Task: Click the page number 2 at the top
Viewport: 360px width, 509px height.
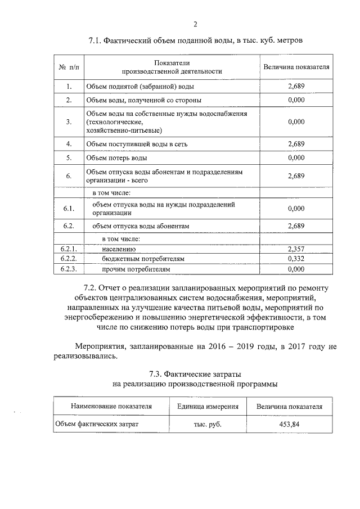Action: pos(195,24)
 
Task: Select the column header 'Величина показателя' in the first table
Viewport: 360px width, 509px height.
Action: pos(296,67)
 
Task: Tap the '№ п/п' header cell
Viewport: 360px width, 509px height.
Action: pos(69,67)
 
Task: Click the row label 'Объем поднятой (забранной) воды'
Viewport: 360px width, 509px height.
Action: pos(140,87)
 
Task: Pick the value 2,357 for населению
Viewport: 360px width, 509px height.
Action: pos(296,248)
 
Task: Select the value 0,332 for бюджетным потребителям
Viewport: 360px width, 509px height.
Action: pos(296,259)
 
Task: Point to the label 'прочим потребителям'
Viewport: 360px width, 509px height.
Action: pos(136,269)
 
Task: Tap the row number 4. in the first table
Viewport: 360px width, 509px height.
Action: pos(69,143)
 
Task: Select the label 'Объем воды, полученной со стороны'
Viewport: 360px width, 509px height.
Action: pos(143,100)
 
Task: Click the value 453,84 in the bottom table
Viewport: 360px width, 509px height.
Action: pos(289,424)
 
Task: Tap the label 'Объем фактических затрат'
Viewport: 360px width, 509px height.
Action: pos(96,424)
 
